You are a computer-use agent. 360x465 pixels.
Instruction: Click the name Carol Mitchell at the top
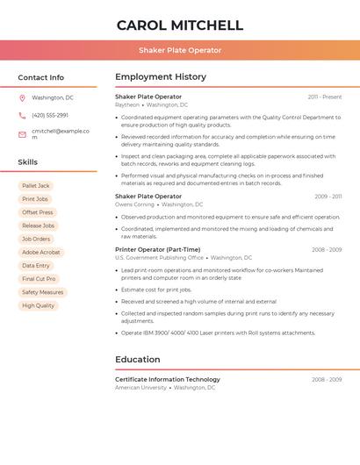(180, 25)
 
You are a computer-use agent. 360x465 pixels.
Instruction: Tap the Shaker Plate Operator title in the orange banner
(180, 50)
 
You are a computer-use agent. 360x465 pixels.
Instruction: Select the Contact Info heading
(41, 77)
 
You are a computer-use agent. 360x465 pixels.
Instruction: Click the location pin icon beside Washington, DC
(22, 97)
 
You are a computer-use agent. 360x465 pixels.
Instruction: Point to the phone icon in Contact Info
(22, 115)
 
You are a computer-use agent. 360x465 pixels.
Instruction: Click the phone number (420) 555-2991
(50, 115)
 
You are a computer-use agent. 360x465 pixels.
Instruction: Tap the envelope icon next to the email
(22, 134)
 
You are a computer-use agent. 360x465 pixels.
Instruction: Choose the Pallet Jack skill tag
(36, 186)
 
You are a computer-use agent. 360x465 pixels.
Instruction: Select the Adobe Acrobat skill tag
(41, 252)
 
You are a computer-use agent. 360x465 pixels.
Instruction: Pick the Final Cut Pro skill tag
(40, 279)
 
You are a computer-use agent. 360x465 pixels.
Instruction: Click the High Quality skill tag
(38, 305)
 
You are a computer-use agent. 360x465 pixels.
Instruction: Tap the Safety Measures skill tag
(42, 292)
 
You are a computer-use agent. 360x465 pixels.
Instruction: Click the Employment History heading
(161, 77)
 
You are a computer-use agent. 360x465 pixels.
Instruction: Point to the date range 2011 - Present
(325, 97)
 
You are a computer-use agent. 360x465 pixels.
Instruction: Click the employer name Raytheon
(127, 104)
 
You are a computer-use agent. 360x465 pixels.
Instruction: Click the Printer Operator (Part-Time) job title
(158, 249)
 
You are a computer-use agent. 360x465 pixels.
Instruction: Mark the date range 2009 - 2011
(328, 197)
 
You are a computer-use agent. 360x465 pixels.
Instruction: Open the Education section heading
(138, 359)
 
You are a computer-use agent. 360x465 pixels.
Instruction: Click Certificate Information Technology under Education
(168, 379)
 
